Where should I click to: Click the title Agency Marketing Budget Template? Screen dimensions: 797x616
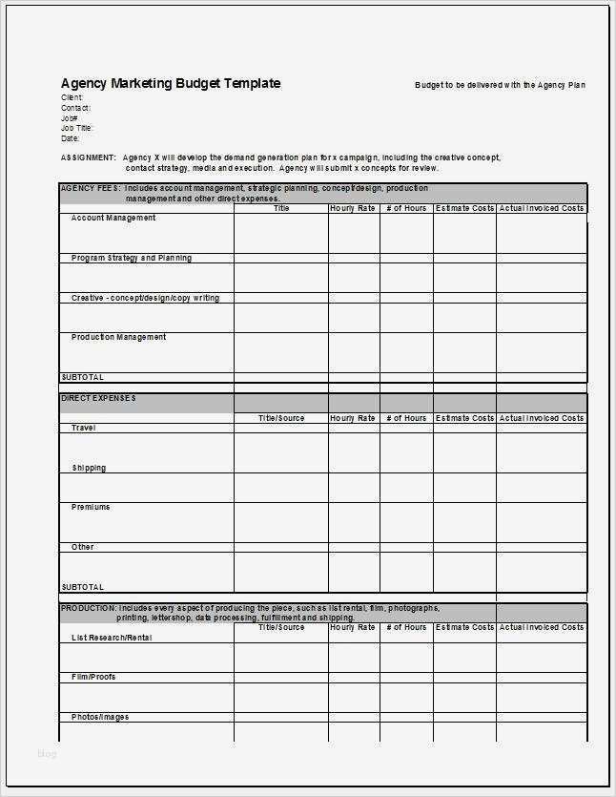(171, 84)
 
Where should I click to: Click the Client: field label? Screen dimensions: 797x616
(72, 97)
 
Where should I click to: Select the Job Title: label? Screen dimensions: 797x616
(77, 128)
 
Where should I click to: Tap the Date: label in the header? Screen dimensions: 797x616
(71, 138)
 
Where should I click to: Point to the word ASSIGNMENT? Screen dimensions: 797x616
(89, 157)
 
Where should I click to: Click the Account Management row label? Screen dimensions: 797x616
(113, 219)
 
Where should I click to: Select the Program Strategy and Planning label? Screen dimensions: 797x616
(132, 259)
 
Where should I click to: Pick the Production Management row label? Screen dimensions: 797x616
(119, 337)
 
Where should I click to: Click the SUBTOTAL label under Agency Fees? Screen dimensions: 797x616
(83, 377)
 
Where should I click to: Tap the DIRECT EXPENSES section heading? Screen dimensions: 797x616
(98, 398)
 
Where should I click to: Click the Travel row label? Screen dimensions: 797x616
(84, 428)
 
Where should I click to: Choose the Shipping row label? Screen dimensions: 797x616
(89, 468)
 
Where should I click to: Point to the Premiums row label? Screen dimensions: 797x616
(91, 507)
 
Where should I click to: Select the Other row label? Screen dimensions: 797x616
(83, 547)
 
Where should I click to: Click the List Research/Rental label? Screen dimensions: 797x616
(112, 638)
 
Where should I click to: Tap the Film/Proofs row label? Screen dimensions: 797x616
(93, 677)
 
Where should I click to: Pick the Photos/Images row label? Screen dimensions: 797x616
(100, 717)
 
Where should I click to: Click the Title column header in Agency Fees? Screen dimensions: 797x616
(281, 208)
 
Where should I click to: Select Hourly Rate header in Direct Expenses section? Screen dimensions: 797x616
(353, 418)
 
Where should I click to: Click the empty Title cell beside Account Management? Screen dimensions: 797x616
(281, 232)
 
